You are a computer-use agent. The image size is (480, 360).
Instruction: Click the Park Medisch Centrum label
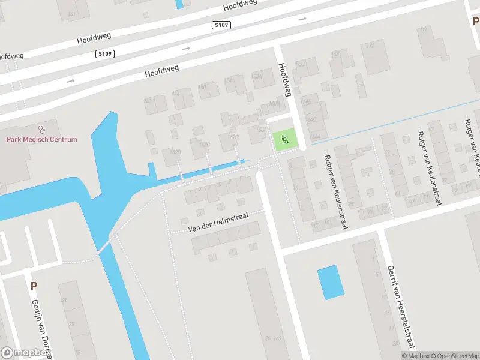pos(42,139)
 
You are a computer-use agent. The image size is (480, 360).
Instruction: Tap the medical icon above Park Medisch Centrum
pos(41,129)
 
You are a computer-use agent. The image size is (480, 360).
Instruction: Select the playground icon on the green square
pos(285,140)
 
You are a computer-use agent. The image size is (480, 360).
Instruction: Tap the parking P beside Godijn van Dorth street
pos(34,286)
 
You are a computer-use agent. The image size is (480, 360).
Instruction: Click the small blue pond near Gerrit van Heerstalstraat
pos(331,283)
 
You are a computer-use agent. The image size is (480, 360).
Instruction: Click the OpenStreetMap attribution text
pos(454,356)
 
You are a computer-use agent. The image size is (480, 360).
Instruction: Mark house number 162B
pos(233,137)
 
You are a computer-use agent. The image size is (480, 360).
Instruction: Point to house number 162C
pos(205,145)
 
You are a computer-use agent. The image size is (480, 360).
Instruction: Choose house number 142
pos(148,101)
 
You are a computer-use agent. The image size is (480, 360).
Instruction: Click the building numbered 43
pos(64,300)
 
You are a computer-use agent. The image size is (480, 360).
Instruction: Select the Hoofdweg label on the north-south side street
pos(284,79)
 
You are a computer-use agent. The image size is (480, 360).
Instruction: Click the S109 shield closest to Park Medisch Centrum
pos(105,54)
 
